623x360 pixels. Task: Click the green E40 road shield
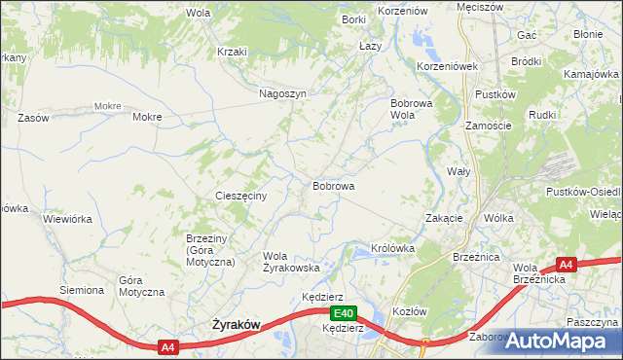[342, 313]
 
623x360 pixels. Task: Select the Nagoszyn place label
[283, 93]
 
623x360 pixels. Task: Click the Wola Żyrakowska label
[291, 262]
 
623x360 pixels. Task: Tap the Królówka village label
[393, 248]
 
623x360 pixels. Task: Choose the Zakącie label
[444, 218]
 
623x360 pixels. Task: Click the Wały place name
[458, 170]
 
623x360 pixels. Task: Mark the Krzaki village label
[233, 52]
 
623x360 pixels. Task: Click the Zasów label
[33, 117]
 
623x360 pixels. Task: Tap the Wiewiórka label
[67, 219]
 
